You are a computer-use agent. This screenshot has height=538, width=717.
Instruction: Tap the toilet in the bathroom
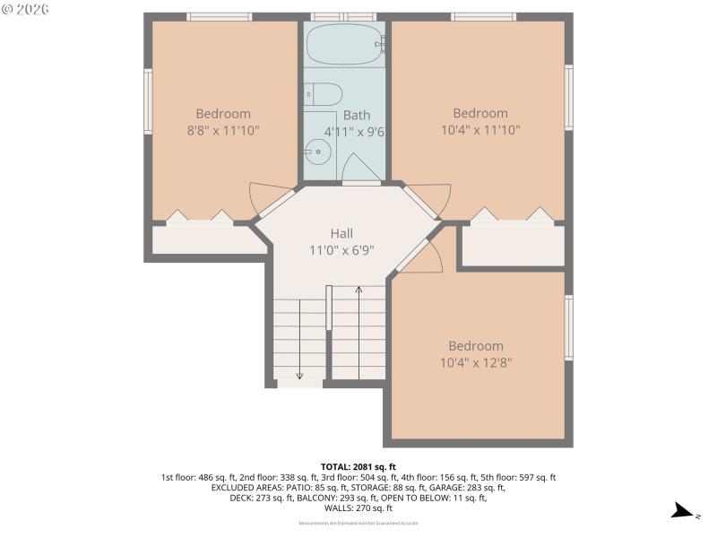pos(324,94)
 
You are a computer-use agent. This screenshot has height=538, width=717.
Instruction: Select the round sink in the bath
pos(316,152)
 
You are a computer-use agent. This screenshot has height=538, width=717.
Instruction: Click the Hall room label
pos(341,233)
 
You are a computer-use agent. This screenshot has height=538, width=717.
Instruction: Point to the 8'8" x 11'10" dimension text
pos(223,130)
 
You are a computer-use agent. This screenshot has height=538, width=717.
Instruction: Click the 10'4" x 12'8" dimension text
pos(476,362)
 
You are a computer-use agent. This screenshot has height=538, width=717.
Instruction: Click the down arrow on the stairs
pos(299,375)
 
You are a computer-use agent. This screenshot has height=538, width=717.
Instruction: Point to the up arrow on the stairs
pos(358,291)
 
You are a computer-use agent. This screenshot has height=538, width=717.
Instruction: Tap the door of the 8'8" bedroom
pos(267,199)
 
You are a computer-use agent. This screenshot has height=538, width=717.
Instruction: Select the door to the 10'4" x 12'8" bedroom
pos(423,256)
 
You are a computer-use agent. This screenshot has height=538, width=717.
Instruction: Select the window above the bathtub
pos(344,16)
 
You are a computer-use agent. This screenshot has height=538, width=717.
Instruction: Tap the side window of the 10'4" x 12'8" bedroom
pos(569,328)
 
